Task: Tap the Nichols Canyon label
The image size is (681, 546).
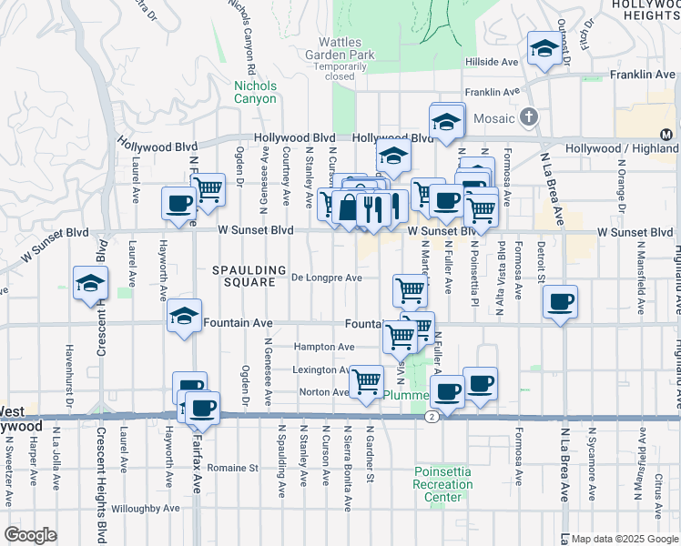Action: (255, 92)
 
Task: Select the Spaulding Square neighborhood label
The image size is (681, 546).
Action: (244, 276)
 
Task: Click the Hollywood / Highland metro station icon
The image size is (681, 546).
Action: (666, 135)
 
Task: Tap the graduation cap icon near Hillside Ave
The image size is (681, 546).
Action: (544, 49)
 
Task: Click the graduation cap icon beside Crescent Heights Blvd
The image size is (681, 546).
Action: (91, 284)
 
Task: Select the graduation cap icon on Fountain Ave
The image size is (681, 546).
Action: (185, 317)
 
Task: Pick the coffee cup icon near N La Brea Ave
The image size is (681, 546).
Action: (560, 302)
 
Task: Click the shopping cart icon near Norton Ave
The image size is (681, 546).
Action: (366, 381)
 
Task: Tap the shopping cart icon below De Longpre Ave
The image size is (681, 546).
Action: (410, 291)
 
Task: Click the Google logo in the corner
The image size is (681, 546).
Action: (30, 535)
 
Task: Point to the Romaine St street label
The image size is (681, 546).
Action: (232, 468)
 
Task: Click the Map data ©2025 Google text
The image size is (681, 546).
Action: (625, 539)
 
